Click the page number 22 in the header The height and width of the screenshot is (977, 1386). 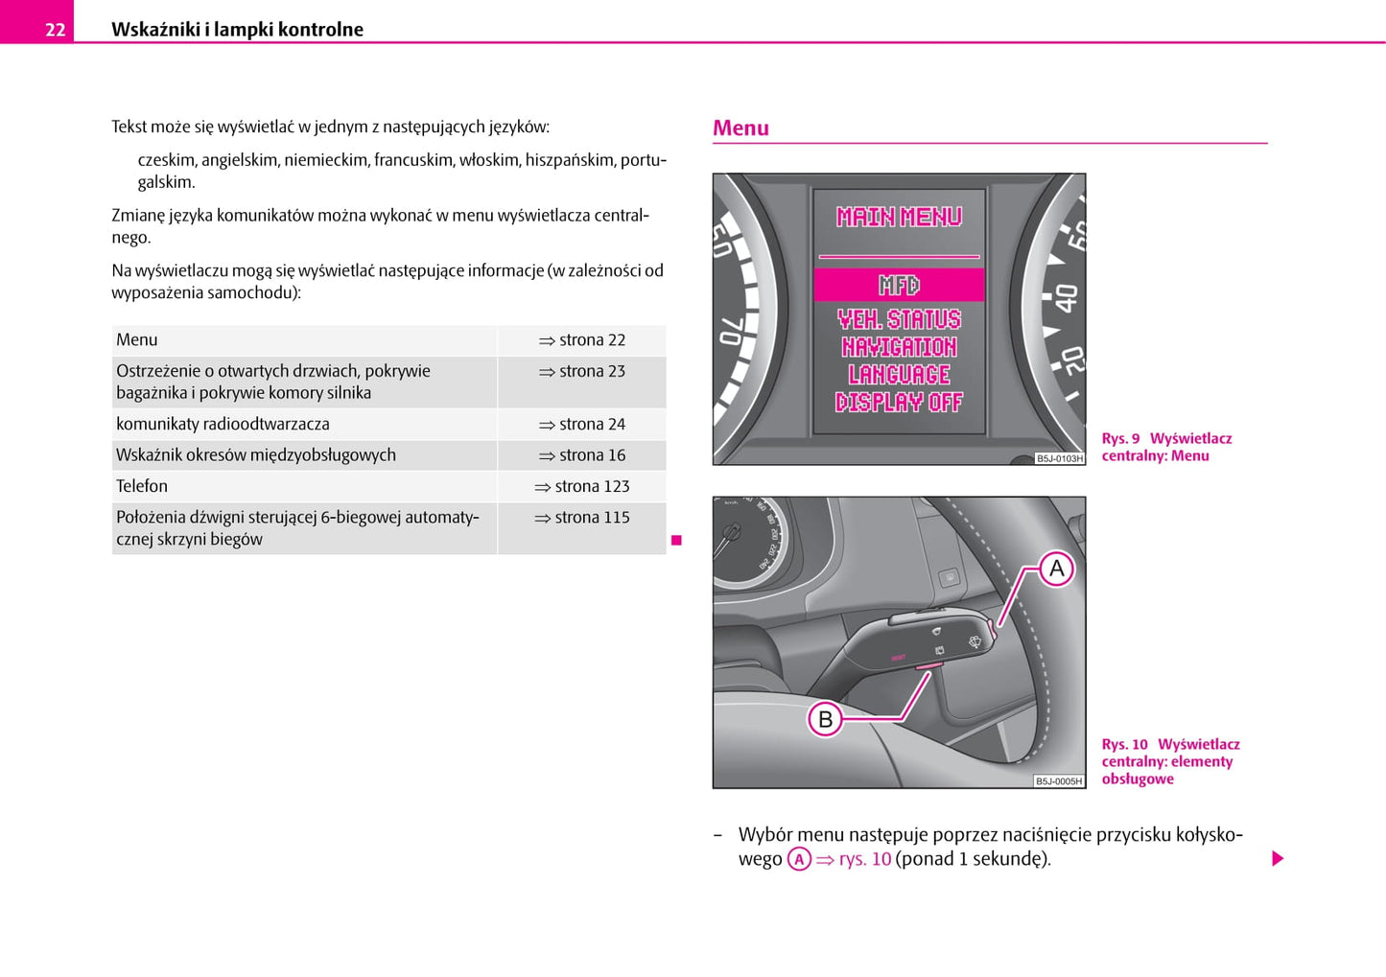coord(55,30)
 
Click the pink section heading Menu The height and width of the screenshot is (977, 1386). coord(740,128)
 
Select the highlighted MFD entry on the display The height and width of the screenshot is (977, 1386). coord(899,285)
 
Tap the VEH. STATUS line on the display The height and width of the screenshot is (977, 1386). coord(899,318)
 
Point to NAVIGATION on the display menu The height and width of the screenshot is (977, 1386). coord(899,346)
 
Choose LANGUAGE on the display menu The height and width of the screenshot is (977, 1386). coord(899,374)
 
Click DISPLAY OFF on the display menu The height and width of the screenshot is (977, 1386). coord(899,402)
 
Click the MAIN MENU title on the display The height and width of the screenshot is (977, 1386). coord(899,217)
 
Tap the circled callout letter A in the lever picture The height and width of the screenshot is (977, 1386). coord(1056,569)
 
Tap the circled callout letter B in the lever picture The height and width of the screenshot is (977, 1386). coord(825,719)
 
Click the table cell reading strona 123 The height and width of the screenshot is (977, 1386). coord(583,486)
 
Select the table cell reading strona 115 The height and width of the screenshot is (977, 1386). coord(583,518)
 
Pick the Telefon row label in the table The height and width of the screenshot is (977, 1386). coord(142,486)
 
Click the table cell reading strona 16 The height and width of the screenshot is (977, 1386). coord(583,455)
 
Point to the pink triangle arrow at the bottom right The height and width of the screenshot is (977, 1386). coord(1278,858)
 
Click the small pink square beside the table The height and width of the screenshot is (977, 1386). coord(676,541)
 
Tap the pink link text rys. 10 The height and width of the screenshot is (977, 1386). coord(864,859)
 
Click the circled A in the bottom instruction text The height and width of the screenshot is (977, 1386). coord(799,859)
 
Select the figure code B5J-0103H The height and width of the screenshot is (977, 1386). coord(1060,458)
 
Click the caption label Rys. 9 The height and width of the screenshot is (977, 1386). coord(1120,439)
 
